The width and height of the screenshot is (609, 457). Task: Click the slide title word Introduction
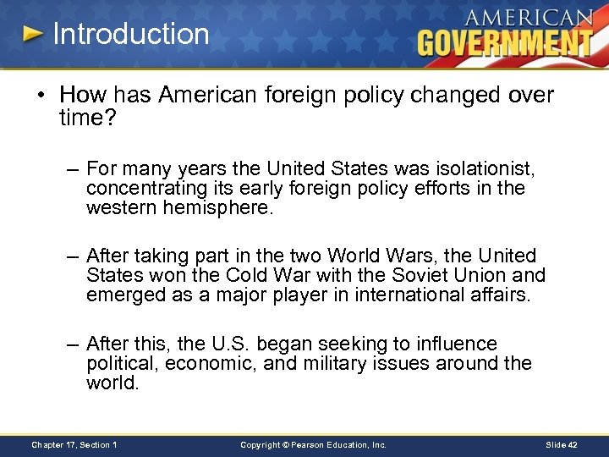pyautogui.click(x=130, y=35)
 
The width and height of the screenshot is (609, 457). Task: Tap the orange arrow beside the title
pyautogui.click(x=33, y=35)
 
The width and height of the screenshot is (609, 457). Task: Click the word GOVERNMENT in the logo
pyautogui.click(x=504, y=41)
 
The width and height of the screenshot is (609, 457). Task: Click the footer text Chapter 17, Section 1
pyautogui.click(x=74, y=444)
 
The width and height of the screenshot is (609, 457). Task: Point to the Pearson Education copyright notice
pyautogui.click(x=313, y=444)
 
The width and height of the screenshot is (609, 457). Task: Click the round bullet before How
pyautogui.click(x=41, y=95)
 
